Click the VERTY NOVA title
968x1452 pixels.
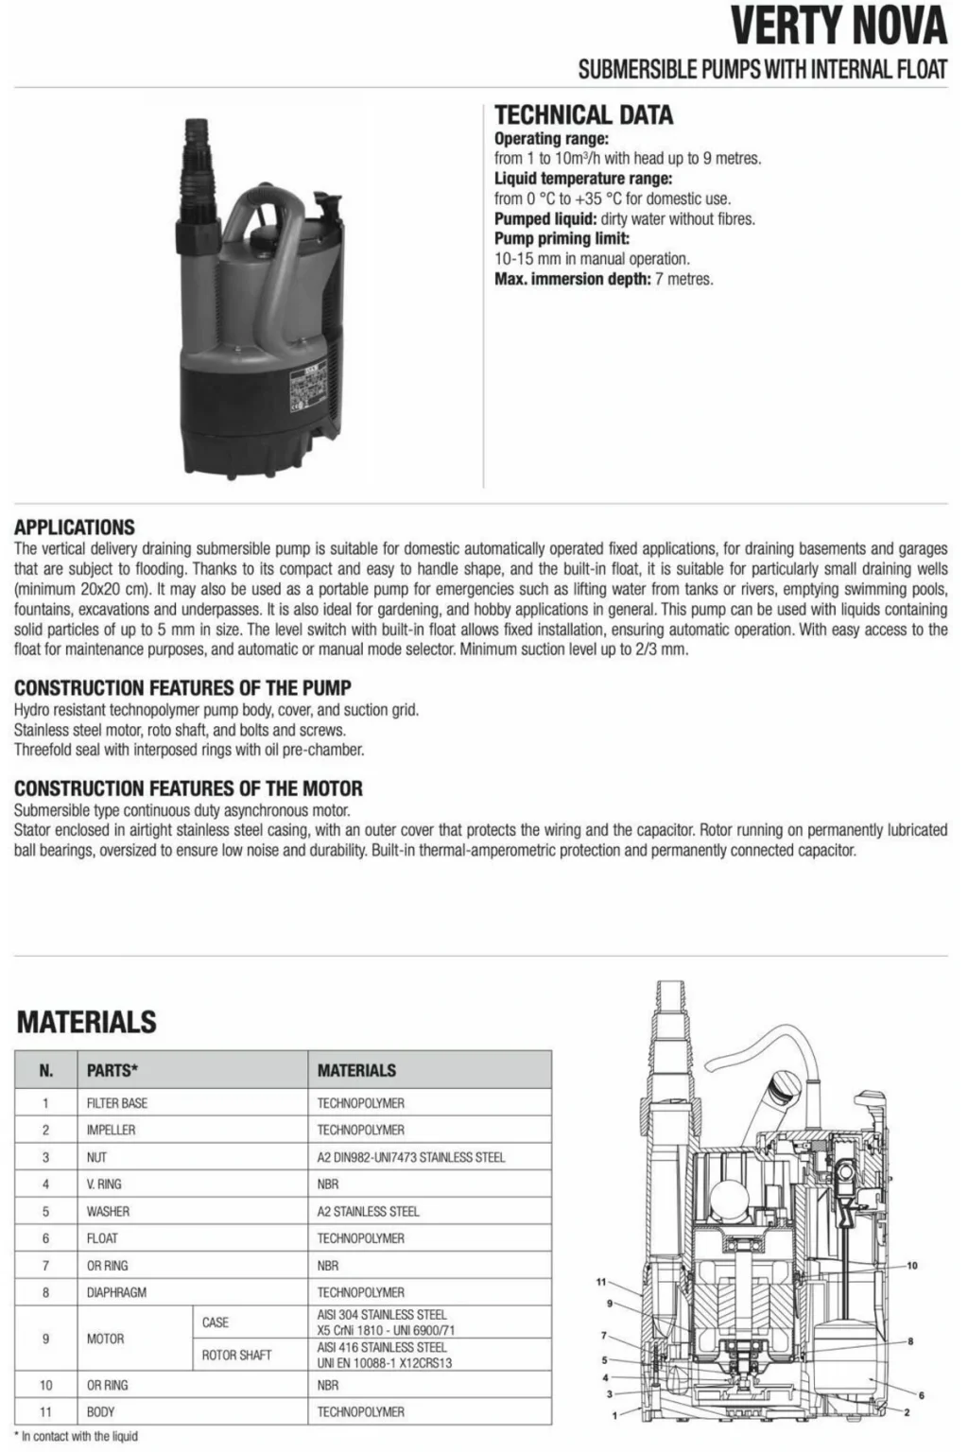click(838, 26)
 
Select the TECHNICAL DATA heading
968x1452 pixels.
click(583, 115)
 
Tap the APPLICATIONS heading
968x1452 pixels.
click(75, 527)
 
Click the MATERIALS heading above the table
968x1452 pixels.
click(87, 1022)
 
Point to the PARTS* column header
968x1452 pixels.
click(112, 1071)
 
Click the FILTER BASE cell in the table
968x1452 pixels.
click(117, 1103)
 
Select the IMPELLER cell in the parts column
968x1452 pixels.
click(111, 1130)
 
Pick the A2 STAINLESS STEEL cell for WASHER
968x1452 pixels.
click(368, 1211)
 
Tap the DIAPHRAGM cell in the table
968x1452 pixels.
click(116, 1292)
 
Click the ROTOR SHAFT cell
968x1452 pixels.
click(236, 1355)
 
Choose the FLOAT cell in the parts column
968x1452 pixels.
click(102, 1238)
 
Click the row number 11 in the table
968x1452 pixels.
click(45, 1411)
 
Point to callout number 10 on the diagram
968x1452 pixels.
click(911, 1265)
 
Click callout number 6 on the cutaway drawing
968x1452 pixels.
click(921, 1394)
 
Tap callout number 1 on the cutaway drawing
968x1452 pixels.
click(614, 1415)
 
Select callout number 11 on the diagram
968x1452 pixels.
click(600, 1282)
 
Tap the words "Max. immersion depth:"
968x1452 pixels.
click(572, 279)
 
